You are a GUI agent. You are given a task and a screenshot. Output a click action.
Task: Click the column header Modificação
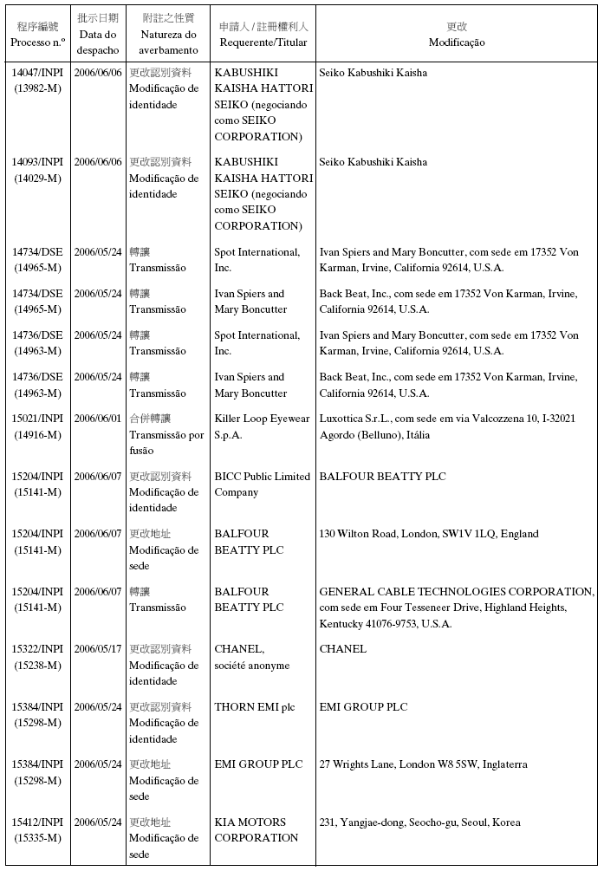pyautogui.click(x=457, y=42)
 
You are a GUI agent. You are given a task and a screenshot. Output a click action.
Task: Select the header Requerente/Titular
pyautogui.click(x=263, y=42)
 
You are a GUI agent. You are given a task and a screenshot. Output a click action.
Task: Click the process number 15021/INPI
pyautogui.click(x=37, y=419)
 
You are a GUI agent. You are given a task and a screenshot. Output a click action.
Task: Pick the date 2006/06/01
pyautogui.click(x=98, y=419)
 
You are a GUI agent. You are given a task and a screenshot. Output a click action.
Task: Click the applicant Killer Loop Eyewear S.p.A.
pyautogui.click(x=262, y=426)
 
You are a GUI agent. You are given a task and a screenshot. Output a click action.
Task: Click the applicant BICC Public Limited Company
pyautogui.click(x=262, y=484)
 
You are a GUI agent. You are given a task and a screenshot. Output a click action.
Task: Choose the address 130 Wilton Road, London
pyautogui.click(x=428, y=534)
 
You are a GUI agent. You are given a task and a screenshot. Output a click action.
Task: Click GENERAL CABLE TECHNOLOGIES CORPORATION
pyautogui.click(x=457, y=592)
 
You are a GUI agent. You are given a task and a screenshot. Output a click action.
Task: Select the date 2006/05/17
pyautogui.click(x=98, y=649)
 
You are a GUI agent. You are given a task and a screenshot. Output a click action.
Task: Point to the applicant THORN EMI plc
pyautogui.click(x=254, y=707)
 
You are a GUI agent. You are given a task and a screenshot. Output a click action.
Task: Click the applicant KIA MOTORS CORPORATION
pyautogui.click(x=257, y=829)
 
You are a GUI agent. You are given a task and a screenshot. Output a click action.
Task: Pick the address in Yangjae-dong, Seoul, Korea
pyautogui.click(x=419, y=822)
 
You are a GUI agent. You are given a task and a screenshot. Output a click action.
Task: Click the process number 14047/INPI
pyautogui.click(x=37, y=73)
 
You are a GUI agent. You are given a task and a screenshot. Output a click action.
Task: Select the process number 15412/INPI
pyautogui.click(x=37, y=822)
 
